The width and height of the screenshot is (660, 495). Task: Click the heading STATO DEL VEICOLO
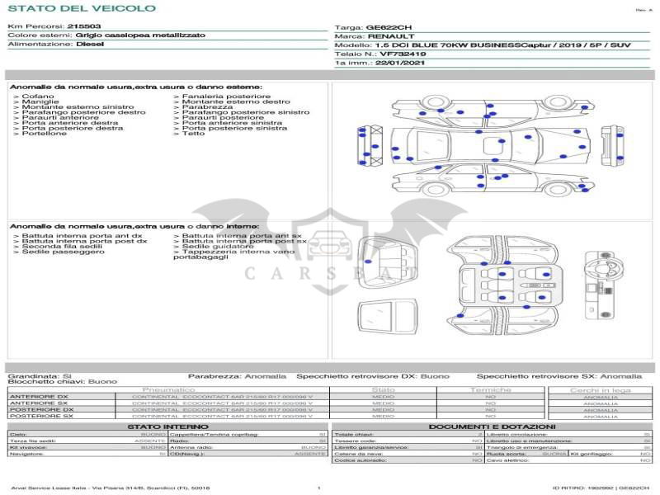point(81,8)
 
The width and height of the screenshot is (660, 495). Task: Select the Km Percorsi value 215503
point(84,27)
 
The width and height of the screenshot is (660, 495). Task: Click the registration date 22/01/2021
point(398,63)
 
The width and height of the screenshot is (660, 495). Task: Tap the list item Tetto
point(193,134)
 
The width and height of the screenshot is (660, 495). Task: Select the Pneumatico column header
point(168,389)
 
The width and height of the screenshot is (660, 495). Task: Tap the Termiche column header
point(491,389)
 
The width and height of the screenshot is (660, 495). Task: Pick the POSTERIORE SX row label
point(40,417)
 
